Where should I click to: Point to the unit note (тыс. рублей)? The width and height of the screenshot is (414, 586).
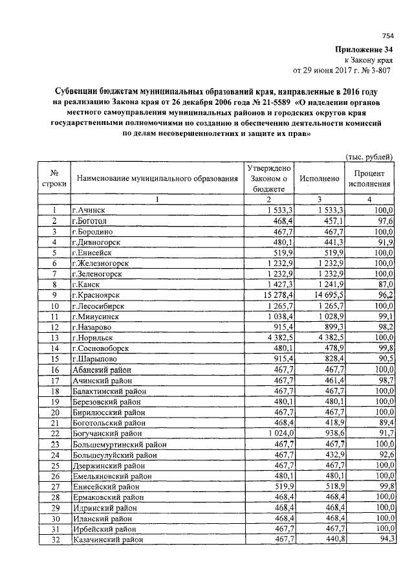369,156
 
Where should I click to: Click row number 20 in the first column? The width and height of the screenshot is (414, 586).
56,411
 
